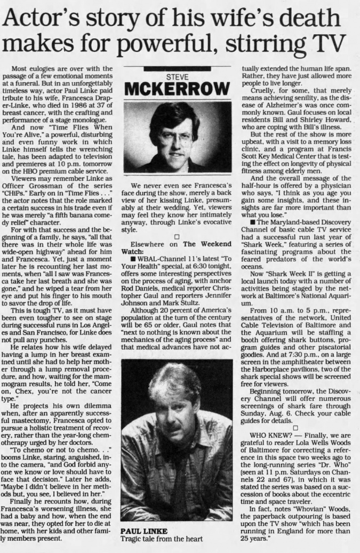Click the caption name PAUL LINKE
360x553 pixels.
click(x=144, y=531)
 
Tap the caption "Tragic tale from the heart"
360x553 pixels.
click(x=162, y=539)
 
